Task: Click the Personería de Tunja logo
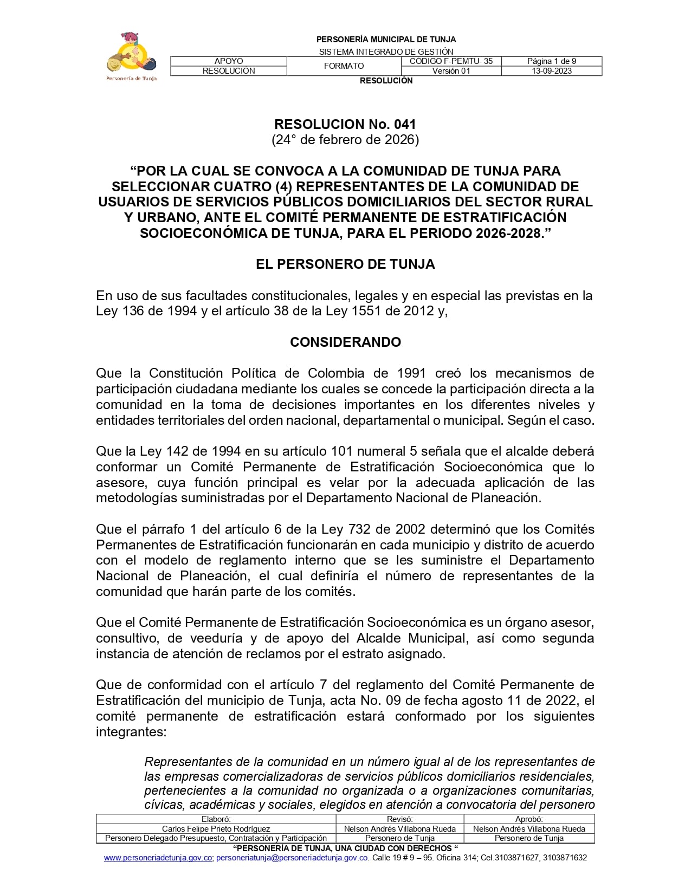132,56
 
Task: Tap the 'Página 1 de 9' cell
551,61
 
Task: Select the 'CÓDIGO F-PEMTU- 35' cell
451,61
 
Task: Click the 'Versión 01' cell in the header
451,71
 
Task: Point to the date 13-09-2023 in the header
551,71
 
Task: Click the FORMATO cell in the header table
344,66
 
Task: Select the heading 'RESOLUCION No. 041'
345,124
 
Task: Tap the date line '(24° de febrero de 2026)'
345,140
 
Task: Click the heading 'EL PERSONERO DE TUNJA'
345,264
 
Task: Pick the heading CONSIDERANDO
345,342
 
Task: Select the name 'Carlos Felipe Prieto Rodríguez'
216,828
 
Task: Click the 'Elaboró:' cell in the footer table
216,819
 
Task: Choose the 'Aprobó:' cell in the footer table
529,819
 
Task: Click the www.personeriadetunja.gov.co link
158,858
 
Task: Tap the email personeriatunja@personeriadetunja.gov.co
293,858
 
